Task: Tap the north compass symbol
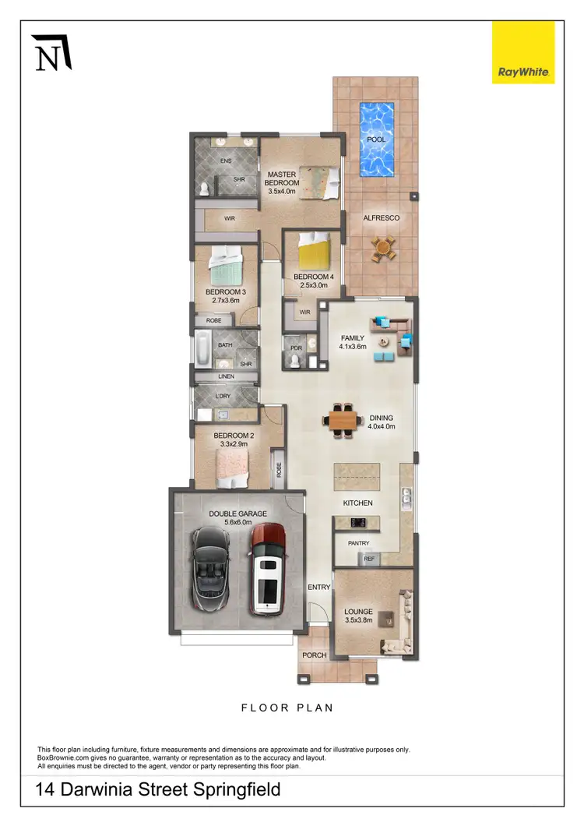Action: [x=51, y=53]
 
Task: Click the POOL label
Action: [x=376, y=139]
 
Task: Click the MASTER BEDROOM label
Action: [x=283, y=178]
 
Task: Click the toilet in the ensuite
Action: [x=203, y=188]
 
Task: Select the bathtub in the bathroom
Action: [x=202, y=350]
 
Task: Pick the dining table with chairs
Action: [x=343, y=419]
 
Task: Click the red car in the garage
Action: [x=266, y=568]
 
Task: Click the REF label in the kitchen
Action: [x=369, y=559]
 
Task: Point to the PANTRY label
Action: [x=358, y=543]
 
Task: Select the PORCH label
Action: [x=314, y=655]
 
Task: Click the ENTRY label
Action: [x=318, y=587]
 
